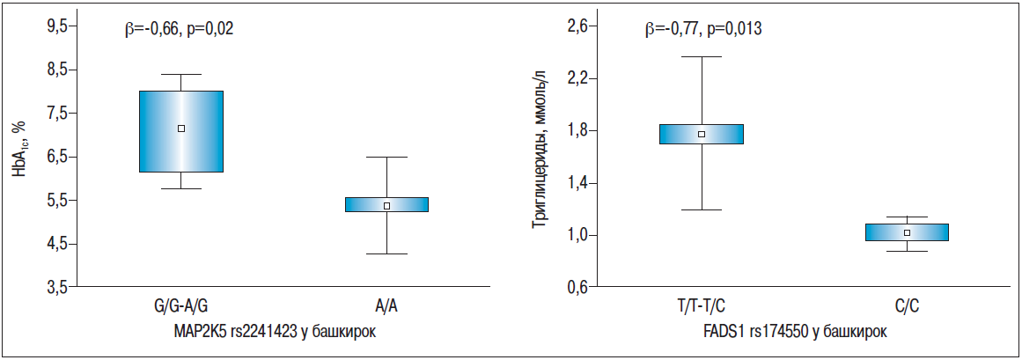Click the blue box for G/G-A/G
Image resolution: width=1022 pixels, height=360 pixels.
pos(181,131)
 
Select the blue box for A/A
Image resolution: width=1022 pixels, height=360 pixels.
pos(386,204)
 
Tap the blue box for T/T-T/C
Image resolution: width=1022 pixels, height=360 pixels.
pos(702,134)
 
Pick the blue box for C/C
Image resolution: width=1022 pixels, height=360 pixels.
pos(907,231)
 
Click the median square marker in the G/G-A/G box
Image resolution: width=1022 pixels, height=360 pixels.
pos(181,129)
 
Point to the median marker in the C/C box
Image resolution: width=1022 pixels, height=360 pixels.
pos(907,232)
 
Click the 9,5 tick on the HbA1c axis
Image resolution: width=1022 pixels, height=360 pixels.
pos(57,26)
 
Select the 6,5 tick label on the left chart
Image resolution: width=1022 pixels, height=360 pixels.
pos(57,157)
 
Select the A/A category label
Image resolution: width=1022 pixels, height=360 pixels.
pos(386,306)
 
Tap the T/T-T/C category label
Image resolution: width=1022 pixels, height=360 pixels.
pos(702,306)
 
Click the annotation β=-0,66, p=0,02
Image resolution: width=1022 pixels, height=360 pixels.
pos(179,29)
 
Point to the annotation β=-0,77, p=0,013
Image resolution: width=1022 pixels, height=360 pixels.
pos(702,29)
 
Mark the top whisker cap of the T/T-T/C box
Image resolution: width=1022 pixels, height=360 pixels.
pos(702,56)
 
